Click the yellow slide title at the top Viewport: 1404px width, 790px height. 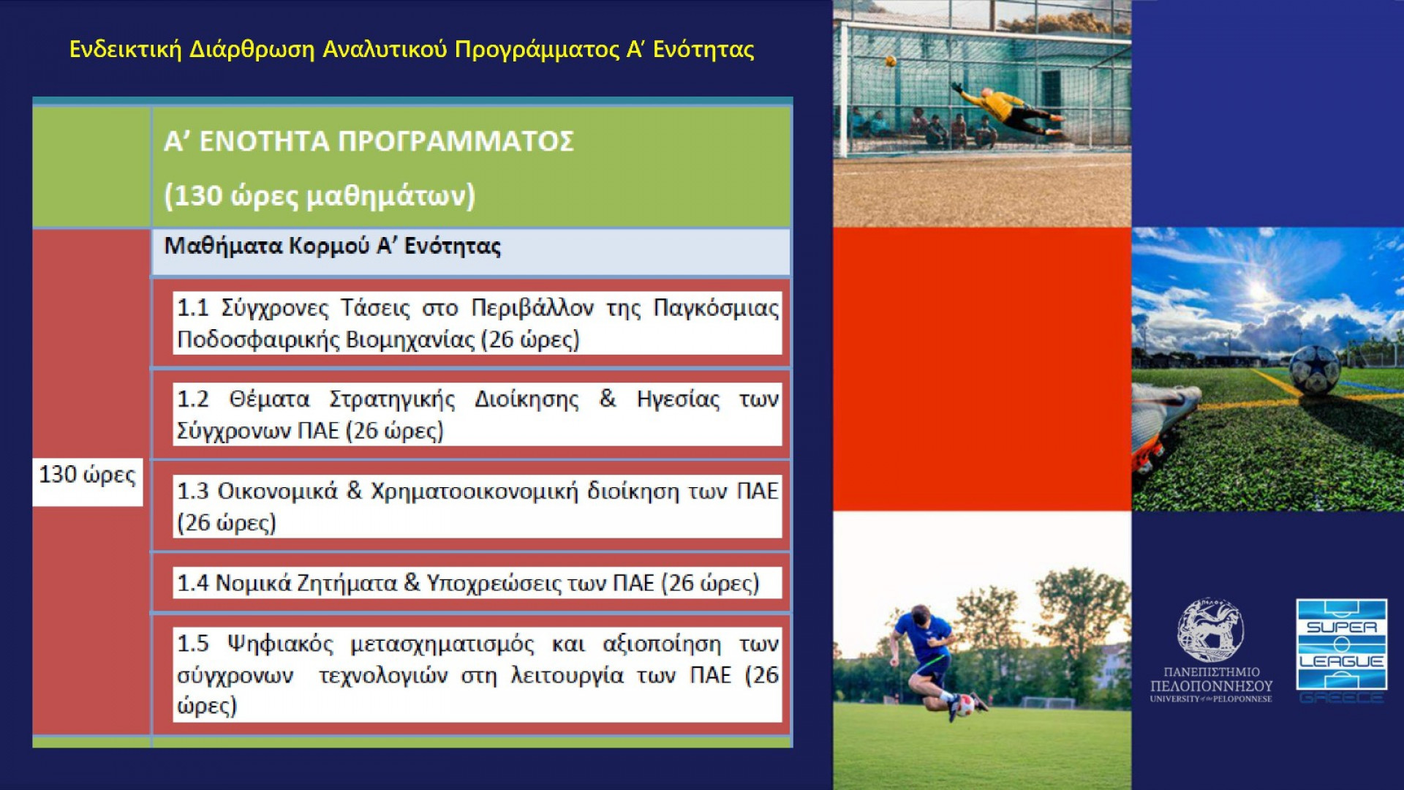pyautogui.click(x=412, y=49)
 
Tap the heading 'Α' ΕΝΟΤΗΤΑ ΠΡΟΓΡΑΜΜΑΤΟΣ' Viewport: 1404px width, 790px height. pyautogui.click(x=369, y=141)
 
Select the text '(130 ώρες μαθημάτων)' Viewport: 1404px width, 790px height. pyautogui.click(x=320, y=196)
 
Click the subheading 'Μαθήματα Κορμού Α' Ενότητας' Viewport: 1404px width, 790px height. pyautogui.click(x=333, y=246)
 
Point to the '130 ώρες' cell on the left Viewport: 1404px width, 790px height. pyautogui.click(x=87, y=475)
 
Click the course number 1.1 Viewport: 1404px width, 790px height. pyautogui.click(x=193, y=308)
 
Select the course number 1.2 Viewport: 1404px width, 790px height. pyautogui.click(x=193, y=399)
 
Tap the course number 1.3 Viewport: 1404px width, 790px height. pyautogui.click(x=193, y=491)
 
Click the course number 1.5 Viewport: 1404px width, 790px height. pyautogui.click(x=193, y=644)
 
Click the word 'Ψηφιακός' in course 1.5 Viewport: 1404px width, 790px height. pyautogui.click(x=280, y=644)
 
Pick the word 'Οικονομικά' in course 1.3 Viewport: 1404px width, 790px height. pyautogui.click(x=278, y=491)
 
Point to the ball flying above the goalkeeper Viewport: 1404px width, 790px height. pyautogui.click(x=891, y=61)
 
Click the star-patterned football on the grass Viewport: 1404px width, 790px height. pyautogui.click(x=1314, y=369)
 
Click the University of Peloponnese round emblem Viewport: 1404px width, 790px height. pyautogui.click(x=1210, y=630)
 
